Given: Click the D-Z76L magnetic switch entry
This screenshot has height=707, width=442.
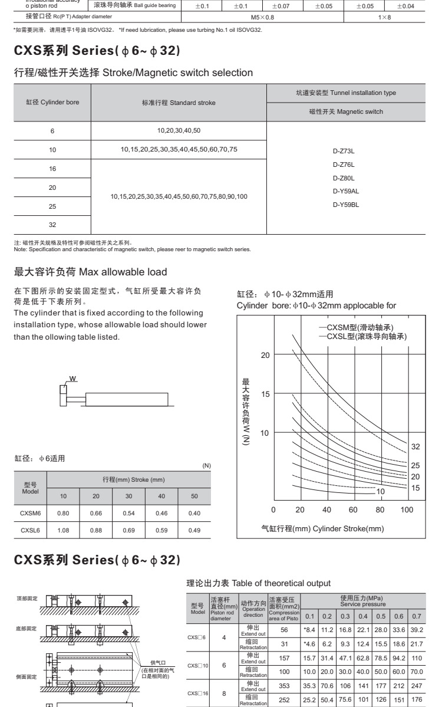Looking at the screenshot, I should [x=344, y=164].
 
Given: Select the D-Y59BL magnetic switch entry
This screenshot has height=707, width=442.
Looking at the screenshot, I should [x=346, y=205].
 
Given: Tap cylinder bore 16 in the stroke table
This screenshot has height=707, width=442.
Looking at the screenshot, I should [x=52, y=169].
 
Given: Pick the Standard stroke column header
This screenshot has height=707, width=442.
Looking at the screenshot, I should [x=179, y=103].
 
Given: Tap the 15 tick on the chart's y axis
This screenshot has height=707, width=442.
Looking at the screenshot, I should [x=266, y=394].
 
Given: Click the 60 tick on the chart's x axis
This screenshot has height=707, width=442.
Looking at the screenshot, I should [x=353, y=509].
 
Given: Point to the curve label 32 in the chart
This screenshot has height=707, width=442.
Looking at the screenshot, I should [x=415, y=446].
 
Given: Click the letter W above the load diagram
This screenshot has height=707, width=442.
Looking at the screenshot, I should [x=72, y=377].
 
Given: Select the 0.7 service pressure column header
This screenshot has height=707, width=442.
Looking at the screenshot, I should [x=416, y=616].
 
